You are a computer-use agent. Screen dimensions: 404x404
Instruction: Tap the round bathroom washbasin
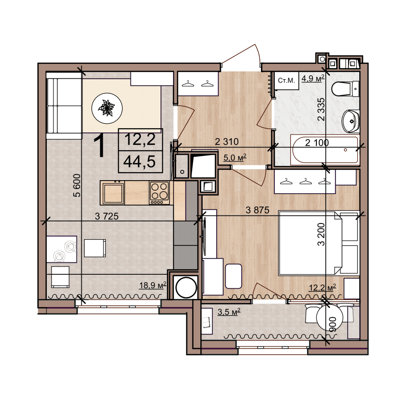pyautogui.click(x=350, y=121)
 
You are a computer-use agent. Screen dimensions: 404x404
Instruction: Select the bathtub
pyautogui.click(x=325, y=150)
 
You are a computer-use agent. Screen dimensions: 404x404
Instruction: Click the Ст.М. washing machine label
pyautogui.click(x=286, y=80)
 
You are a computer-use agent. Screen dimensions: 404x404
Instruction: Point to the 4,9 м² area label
pyautogui.click(x=313, y=78)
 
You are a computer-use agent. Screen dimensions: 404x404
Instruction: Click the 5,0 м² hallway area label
pyautogui.click(x=235, y=157)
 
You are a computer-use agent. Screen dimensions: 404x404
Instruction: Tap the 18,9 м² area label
pyautogui.click(x=153, y=285)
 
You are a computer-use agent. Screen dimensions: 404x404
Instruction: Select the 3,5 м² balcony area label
pyautogui.click(x=229, y=312)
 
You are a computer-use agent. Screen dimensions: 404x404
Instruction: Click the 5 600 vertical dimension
pyautogui.click(x=77, y=185)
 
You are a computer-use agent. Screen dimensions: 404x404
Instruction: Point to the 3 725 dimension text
pyautogui.click(x=107, y=216)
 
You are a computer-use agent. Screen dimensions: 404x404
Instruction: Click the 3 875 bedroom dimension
pyautogui.click(x=257, y=210)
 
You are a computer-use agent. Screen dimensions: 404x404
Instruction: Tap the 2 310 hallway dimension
pyautogui.click(x=227, y=141)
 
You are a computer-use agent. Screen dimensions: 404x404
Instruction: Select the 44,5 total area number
pyautogui.click(x=139, y=162)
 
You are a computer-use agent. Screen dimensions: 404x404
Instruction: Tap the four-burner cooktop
pyautogui.click(x=159, y=193)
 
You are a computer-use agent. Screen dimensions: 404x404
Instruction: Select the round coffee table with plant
pyautogui.click(x=107, y=108)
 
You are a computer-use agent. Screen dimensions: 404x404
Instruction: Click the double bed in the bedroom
pyautogui.click(x=318, y=243)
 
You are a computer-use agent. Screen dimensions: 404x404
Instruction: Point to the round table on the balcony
pyautogui.click(x=330, y=317)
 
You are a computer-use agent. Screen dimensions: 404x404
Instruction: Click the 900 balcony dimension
pyautogui.click(x=332, y=324)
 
